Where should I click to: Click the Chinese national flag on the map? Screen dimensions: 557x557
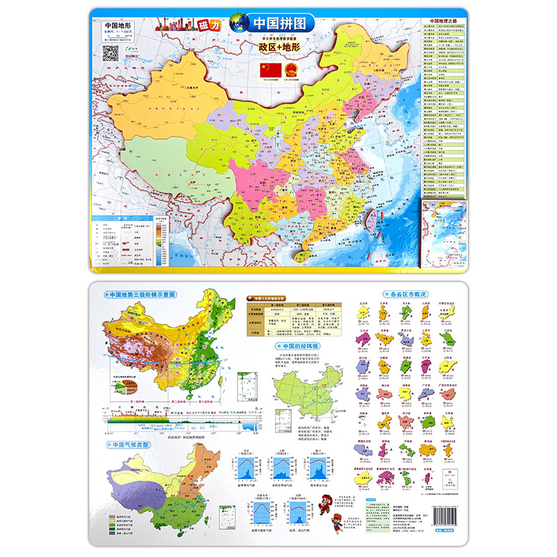pyautogui.click(x=269, y=70)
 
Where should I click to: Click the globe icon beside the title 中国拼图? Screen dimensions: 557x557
pyautogui.click(x=239, y=21)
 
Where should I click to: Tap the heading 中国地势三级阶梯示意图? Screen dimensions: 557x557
pyautogui.click(x=141, y=295)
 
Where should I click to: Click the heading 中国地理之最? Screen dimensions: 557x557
pyautogui.click(x=446, y=20)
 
